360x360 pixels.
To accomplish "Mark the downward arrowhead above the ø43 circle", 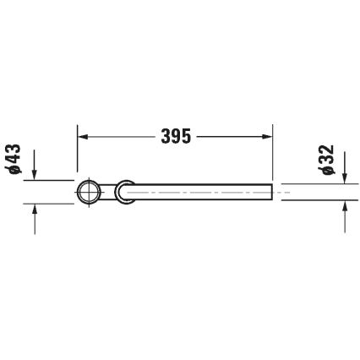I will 35,173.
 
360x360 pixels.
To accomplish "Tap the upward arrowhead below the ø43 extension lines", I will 35,210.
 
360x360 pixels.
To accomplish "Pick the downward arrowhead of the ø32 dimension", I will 344,177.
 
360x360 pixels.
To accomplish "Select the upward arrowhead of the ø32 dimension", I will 344,207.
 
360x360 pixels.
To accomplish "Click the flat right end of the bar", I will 272,193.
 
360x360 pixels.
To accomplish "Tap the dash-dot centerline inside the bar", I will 203,193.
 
